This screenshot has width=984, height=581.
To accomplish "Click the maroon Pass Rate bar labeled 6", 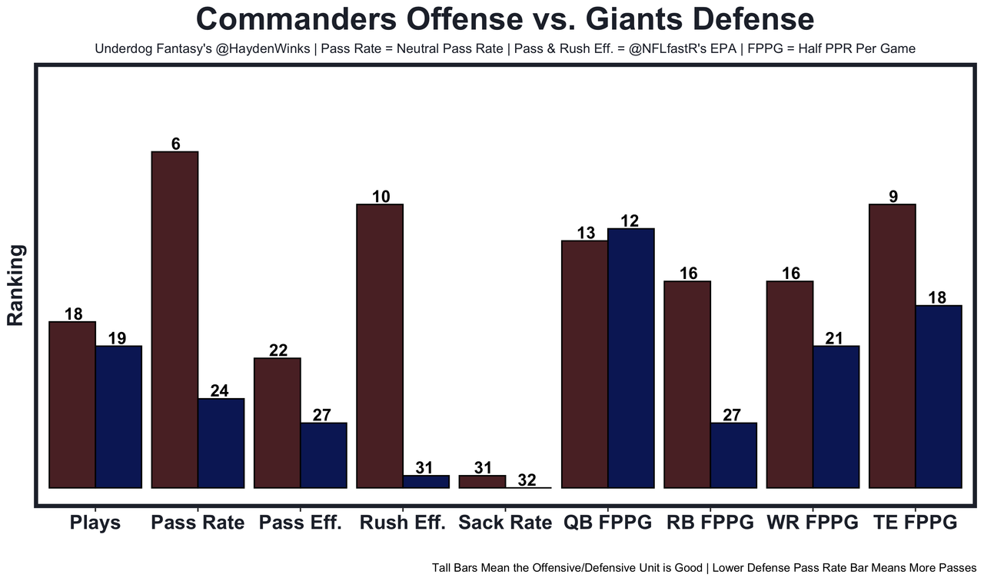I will click(x=175, y=320).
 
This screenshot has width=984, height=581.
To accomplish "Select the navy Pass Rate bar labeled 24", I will click(x=221, y=443).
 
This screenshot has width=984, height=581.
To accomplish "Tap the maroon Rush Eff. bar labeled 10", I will click(x=380, y=346).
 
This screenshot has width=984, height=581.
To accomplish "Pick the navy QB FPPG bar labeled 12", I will click(x=630, y=358).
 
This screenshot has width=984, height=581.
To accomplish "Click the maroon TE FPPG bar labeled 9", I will click(x=892, y=346).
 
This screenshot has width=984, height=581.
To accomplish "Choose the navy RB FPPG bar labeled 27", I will click(x=733, y=455).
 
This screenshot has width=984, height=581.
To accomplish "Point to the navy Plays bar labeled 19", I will click(x=118, y=417).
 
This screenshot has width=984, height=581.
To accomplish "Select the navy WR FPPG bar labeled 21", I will click(x=836, y=417).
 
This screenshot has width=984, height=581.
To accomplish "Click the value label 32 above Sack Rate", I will click(x=526, y=480).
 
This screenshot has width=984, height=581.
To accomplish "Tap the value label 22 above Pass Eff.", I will click(x=278, y=350).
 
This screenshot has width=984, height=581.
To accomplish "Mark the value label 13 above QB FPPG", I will click(x=586, y=233).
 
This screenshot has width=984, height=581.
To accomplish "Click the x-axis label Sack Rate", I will click(x=504, y=523).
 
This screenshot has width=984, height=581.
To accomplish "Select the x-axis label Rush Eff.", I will click(x=402, y=523).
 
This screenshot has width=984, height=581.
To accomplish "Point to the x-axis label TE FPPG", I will click(x=915, y=523).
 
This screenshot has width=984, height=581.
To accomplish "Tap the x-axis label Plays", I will click(x=95, y=523).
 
